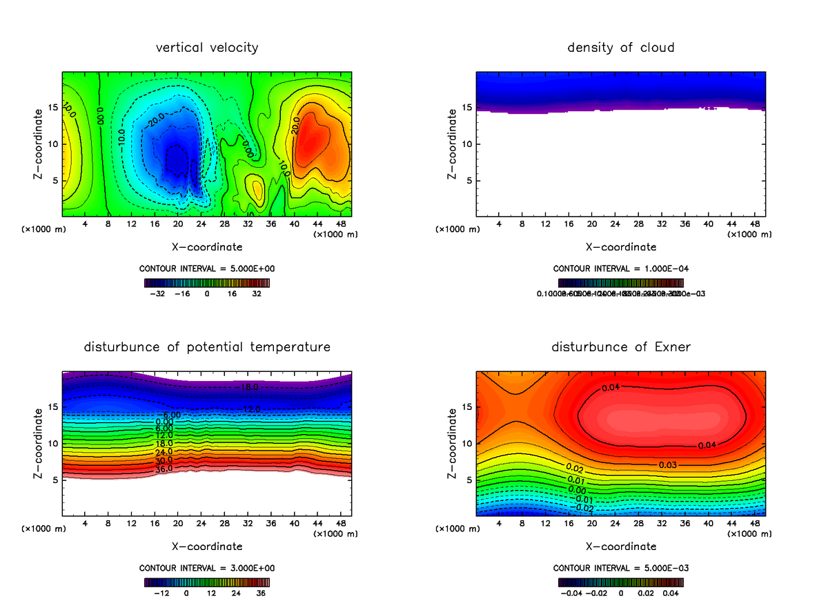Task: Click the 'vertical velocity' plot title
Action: [207, 48]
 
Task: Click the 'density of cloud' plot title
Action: [621, 48]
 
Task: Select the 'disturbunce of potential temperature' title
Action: [207, 346]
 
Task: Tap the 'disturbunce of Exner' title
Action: [621, 346]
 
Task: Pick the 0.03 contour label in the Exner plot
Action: [667, 464]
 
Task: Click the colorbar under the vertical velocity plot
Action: [207, 282]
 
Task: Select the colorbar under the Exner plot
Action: [621, 582]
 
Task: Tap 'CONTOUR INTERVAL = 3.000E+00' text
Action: [207, 568]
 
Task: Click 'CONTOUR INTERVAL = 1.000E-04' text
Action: [621, 268]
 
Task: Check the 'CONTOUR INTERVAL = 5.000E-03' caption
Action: [621, 568]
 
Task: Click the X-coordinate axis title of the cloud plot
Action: [621, 246]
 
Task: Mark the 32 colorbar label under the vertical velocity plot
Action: [257, 293]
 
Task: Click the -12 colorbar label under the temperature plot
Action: [161, 593]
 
